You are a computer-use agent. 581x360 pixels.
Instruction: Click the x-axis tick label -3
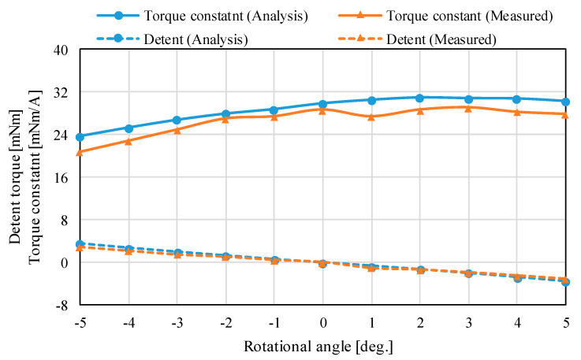pyautogui.click(x=177, y=322)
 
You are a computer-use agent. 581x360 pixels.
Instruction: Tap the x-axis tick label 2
pyautogui.click(x=420, y=322)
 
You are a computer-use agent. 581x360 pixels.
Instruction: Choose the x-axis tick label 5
pyautogui.click(x=566, y=322)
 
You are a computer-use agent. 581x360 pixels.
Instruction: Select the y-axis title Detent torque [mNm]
pyautogui.click(x=15, y=176)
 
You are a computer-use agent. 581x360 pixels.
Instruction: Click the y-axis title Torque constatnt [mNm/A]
pyautogui.click(x=34, y=176)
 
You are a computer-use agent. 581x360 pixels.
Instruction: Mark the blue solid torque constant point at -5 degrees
pyautogui.click(x=80, y=137)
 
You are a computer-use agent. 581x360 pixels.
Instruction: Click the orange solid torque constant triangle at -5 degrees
pyautogui.click(x=80, y=152)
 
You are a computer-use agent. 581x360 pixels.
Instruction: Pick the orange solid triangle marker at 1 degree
pyautogui.click(x=371, y=117)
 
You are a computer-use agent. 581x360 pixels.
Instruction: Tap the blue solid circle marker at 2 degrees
pyautogui.click(x=420, y=98)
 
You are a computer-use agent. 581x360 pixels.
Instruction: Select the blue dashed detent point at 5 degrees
pyautogui.click(x=566, y=281)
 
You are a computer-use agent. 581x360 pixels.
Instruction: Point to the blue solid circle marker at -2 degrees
pyautogui.click(x=225, y=113)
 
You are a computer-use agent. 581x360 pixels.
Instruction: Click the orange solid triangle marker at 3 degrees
pyautogui.click(x=469, y=108)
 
